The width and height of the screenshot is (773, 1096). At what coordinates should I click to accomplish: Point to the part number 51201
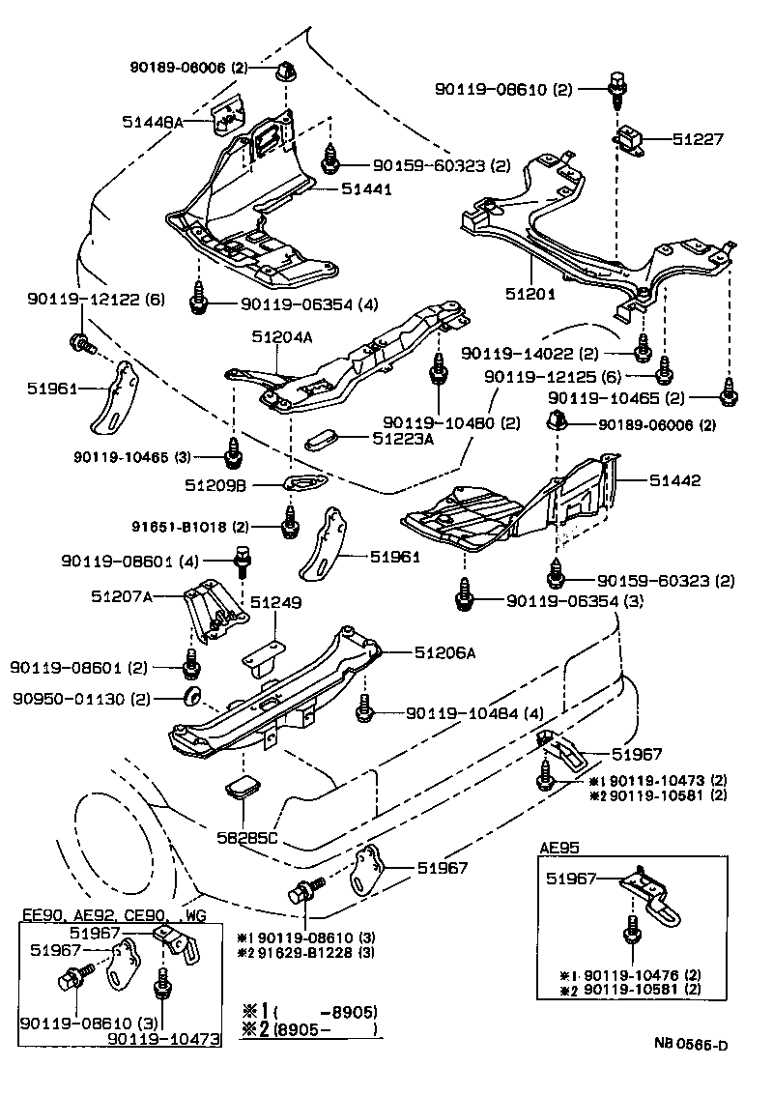526,291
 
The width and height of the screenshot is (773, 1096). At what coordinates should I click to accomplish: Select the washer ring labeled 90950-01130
191,698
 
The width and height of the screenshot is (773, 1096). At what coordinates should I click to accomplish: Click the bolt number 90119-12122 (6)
82,301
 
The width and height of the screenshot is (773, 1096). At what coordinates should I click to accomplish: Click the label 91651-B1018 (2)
190,527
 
